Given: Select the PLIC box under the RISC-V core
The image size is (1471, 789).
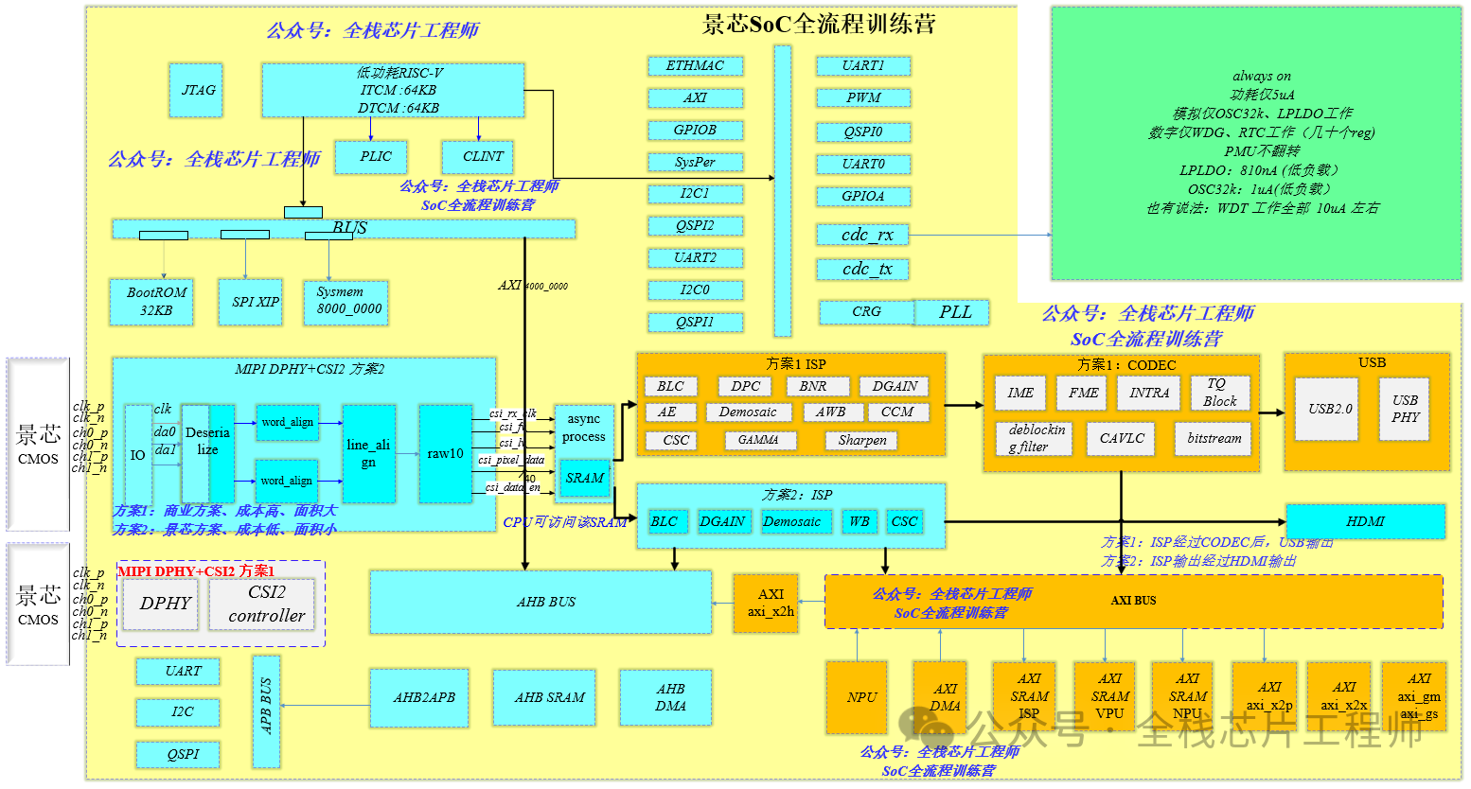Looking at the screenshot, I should click(x=375, y=157).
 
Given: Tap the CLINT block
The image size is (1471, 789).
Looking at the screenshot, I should click(x=483, y=157).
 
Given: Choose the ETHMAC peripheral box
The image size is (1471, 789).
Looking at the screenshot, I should click(x=695, y=66).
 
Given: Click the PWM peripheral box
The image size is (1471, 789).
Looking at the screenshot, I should click(x=863, y=98).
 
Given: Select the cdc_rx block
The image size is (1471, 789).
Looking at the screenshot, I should click(x=862, y=236).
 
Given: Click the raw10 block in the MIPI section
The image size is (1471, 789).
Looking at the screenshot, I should click(x=445, y=454).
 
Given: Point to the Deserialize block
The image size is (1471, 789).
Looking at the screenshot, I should click(x=207, y=452).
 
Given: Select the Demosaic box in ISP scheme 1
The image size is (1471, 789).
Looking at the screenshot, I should click(x=747, y=412).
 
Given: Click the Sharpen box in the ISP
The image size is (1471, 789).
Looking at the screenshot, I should click(x=862, y=440).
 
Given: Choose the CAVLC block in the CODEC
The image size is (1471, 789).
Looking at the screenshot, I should click(x=1122, y=439).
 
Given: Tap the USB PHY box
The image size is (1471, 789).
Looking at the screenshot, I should click(x=1405, y=409).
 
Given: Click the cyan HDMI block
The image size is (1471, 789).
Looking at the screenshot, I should click(x=1365, y=521).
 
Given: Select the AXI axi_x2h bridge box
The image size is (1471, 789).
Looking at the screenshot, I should click(x=771, y=603).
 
